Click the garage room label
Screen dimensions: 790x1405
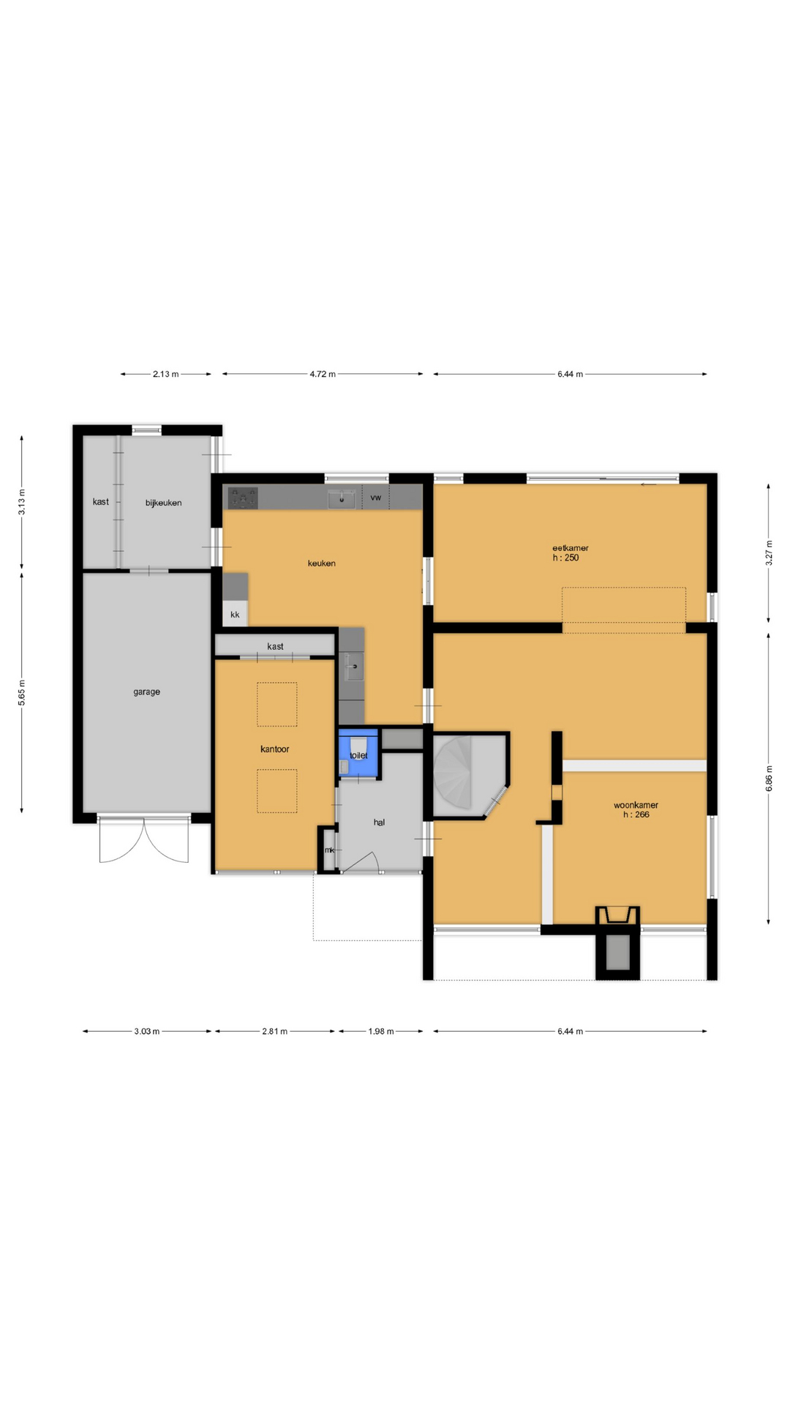146,692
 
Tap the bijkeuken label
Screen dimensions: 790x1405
163,503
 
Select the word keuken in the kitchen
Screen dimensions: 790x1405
322,563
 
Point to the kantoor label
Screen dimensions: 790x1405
275,749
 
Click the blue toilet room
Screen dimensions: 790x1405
358,752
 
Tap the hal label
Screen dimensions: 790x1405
379,823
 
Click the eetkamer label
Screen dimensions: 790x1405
571,548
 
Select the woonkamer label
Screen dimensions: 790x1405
636,805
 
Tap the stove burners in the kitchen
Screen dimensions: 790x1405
243,498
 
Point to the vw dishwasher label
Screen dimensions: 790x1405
376,498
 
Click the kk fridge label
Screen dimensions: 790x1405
235,615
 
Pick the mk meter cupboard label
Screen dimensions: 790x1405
329,850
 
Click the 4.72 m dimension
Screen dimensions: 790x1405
323,374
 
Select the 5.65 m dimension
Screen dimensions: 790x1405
22,692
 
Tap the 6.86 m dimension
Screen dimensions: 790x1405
769,779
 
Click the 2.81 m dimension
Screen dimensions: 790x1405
275,1031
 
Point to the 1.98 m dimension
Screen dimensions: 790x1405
381,1031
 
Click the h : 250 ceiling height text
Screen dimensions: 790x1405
565,558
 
